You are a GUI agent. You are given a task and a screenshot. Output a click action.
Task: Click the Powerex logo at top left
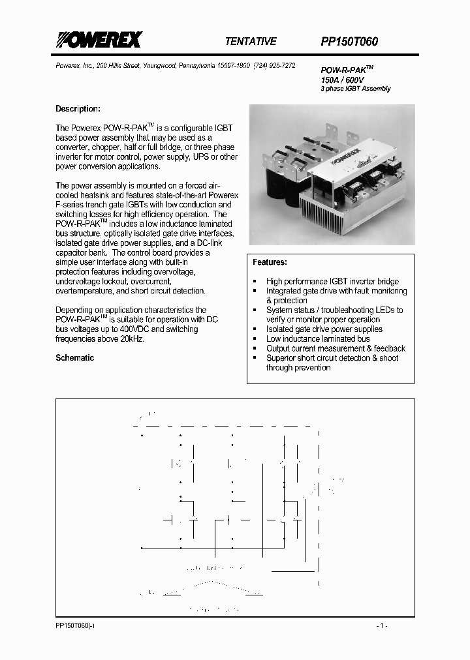click(97, 40)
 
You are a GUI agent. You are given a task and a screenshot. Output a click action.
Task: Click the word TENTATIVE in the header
click(251, 41)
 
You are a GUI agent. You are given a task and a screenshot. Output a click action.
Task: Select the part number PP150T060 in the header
click(349, 41)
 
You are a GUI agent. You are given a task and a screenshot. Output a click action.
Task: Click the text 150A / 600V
click(342, 80)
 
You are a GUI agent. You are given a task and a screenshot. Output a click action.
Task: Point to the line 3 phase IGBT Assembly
click(355, 89)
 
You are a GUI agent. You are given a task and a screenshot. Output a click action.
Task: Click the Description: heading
click(77, 109)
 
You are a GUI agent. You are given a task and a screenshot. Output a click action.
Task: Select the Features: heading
click(270, 262)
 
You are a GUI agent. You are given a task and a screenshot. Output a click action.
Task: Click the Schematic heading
click(74, 357)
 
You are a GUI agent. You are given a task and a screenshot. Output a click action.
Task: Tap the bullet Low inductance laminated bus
click(317, 338)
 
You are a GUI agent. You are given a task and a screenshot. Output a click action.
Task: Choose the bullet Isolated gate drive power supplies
click(324, 329)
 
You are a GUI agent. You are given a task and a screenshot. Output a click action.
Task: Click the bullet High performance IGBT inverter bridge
click(332, 282)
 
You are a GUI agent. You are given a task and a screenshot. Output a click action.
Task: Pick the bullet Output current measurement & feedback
click(336, 348)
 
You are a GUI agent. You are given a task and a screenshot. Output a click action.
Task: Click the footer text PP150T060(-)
click(74, 625)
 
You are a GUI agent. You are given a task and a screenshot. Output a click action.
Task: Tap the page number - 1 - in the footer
click(383, 625)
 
